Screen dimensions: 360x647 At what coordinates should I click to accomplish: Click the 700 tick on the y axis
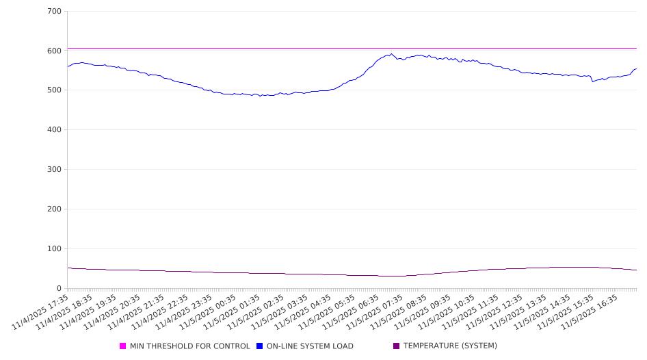coord(55,12)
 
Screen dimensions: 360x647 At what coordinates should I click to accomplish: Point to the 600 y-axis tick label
coord(55,51)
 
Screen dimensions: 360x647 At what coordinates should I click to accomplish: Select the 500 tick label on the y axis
coord(55,90)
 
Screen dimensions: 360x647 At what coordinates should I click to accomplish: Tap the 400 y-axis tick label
coord(55,130)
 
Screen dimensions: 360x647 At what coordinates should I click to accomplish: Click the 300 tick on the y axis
coord(55,170)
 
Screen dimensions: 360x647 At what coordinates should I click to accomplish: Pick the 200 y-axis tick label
coord(55,209)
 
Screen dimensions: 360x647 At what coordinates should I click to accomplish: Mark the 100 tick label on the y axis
coord(55,249)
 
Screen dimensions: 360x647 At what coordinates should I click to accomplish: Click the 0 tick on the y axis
coord(60,289)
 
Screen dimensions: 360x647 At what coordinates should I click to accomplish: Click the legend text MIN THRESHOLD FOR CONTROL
coord(189,346)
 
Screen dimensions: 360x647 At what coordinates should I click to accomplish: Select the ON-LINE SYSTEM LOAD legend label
coord(310,346)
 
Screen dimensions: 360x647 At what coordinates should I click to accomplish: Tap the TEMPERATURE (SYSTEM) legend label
coord(450,346)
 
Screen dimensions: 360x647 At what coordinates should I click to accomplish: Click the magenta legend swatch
coord(123,346)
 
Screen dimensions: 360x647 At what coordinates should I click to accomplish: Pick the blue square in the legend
coord(260,346)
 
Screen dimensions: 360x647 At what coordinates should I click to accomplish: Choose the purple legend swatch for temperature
coord(396,346)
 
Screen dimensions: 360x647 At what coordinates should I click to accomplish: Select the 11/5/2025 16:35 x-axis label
coord(591,313)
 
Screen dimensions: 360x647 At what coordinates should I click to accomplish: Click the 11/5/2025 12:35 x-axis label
coord(496,313)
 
